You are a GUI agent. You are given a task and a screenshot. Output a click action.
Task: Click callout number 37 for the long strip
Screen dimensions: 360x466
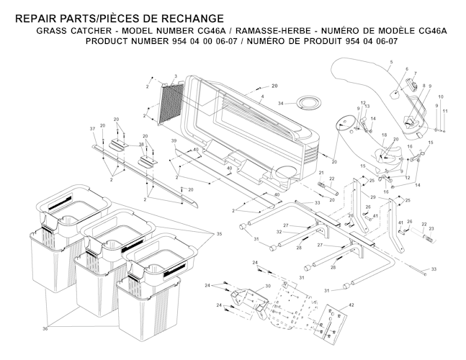[92, 128]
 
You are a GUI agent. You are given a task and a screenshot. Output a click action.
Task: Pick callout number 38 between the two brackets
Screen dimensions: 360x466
[141, 145]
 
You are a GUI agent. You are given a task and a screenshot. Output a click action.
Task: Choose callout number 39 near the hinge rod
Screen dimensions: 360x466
[174, 140]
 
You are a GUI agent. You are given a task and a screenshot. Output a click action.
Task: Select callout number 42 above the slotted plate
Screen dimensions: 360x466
[351, 306]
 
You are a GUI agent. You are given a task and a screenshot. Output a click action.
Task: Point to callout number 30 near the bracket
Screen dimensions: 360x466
[267, 286]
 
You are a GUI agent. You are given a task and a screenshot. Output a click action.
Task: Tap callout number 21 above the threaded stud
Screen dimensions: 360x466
[321, 174]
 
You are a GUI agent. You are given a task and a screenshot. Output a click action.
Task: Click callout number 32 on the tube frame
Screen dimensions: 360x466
[279, 231]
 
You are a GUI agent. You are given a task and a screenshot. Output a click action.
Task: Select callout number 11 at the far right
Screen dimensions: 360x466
[445, 111]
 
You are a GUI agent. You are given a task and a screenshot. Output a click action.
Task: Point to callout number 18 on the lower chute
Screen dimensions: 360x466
[385, 136]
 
